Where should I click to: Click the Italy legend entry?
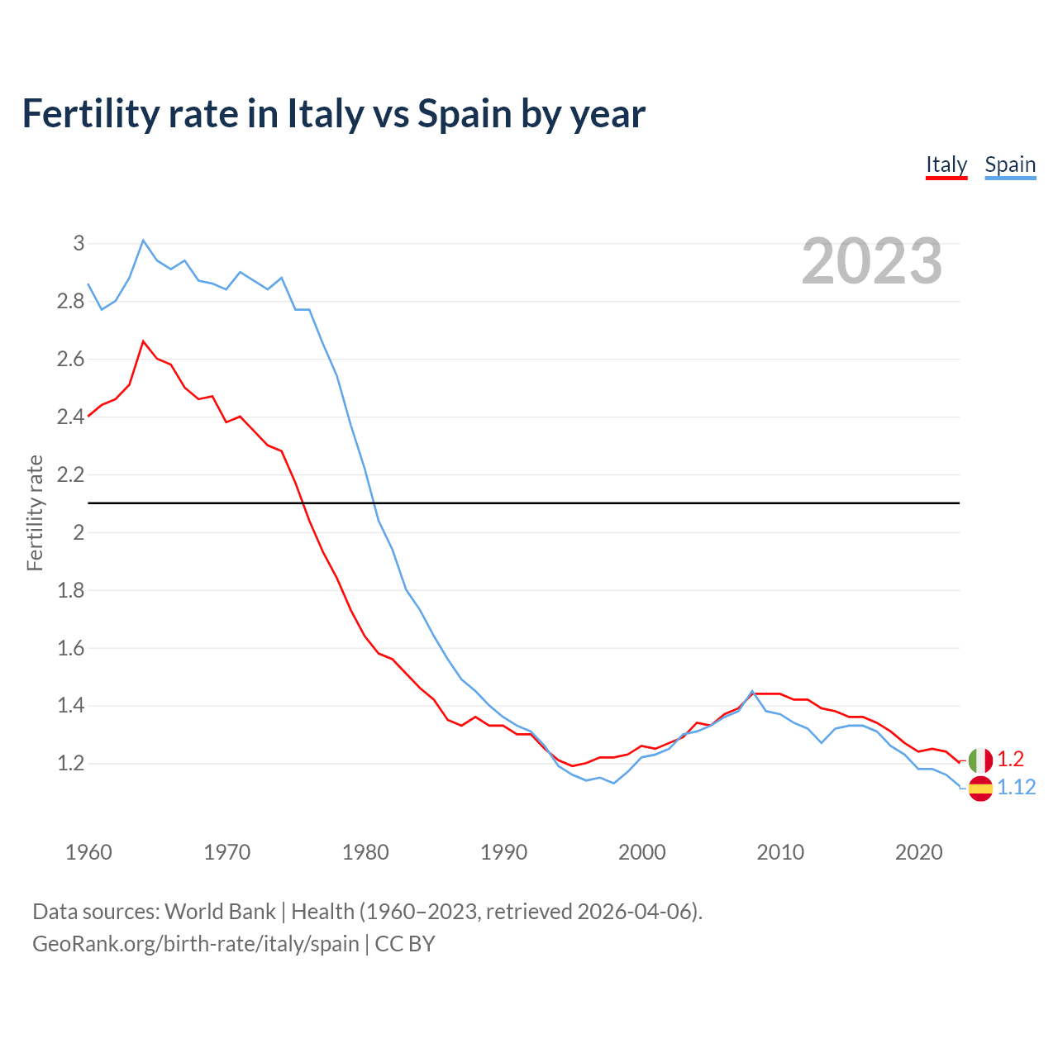coord(946,164)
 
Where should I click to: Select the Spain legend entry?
coord(1009,164)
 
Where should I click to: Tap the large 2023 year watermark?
coord(871,261)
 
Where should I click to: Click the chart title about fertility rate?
coord(333,113)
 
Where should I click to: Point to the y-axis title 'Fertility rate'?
coord(35,512)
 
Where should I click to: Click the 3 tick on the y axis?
coord(79,243)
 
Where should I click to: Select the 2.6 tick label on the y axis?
coord(71,359)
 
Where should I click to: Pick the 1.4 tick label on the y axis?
coord(71,705)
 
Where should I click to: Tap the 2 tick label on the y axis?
coord(79,532)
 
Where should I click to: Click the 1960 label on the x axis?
coord(88,852)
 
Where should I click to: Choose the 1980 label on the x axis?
coord(365,852)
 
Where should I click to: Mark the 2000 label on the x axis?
coord(641,852)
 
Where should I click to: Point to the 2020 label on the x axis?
coord(918,852)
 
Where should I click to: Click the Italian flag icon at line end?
coord(980,760)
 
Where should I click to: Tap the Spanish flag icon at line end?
coord(980,789)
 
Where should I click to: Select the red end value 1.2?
coord(1010,759)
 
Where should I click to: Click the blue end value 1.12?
coord(1016,788)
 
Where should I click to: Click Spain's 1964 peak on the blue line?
coord(143,241)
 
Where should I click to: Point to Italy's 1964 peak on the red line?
coord(143,341)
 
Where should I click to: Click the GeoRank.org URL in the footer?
coord(196,943)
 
